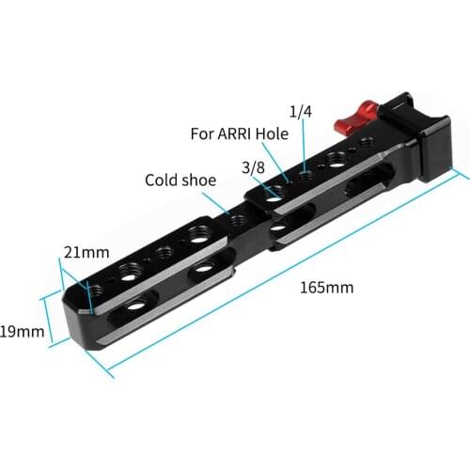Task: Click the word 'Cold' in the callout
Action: coord(160,180)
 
